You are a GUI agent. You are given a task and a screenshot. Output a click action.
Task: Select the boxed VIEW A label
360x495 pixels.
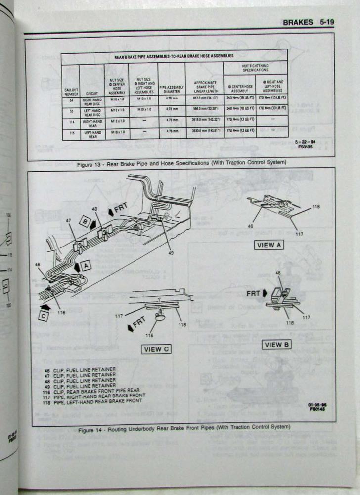pos(269,245)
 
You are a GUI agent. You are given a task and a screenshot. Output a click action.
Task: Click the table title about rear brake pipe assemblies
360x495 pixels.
pos(174,56)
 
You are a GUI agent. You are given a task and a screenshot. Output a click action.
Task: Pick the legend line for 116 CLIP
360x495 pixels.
pos(89,390)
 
